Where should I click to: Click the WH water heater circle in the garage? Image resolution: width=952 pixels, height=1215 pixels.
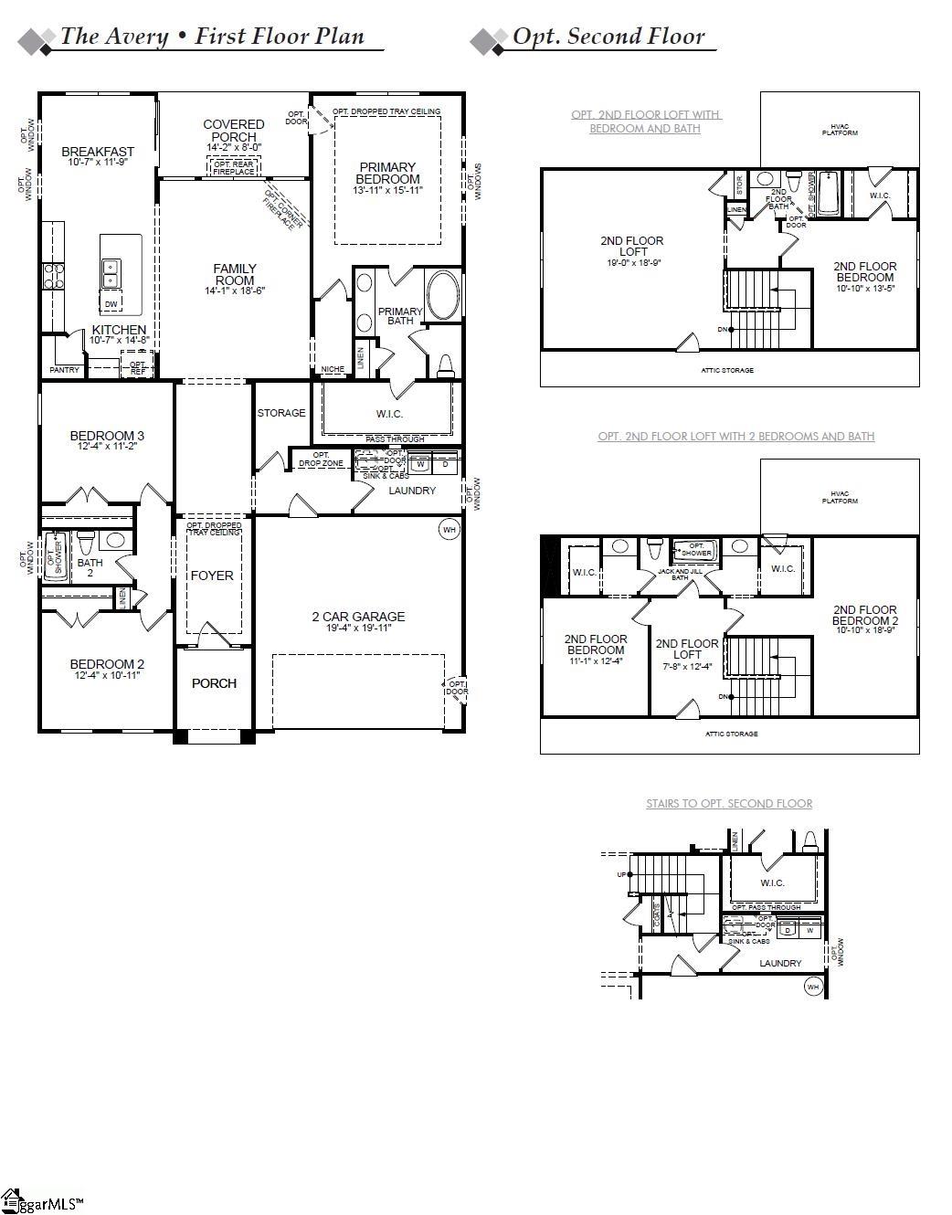449,530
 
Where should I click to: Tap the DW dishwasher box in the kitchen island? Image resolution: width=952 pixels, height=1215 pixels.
111,303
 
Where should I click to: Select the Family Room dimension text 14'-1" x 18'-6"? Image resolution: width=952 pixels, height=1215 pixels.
235,291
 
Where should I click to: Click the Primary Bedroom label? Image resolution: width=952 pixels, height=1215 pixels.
388,173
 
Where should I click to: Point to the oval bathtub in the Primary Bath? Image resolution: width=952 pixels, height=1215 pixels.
444,295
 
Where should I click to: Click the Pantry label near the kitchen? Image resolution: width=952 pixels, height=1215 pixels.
64,370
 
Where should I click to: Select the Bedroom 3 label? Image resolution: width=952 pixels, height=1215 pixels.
107,436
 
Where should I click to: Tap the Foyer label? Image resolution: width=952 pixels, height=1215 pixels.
212,576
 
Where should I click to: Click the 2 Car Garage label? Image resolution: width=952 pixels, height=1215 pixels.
357,617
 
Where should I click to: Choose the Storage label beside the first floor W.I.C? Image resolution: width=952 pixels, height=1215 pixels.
281,413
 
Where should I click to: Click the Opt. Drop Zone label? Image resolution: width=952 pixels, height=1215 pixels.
321,460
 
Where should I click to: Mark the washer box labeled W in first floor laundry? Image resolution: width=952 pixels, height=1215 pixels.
421,464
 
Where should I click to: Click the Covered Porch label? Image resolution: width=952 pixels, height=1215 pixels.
234,130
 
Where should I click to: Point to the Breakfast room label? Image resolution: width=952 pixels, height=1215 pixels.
98,152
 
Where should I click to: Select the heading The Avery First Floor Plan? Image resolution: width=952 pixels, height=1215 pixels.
212,37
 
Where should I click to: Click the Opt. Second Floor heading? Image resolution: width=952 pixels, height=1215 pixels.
608,37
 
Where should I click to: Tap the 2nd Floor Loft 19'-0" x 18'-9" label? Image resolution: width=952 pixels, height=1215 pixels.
632,246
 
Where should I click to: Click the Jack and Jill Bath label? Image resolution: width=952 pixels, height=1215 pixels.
680,575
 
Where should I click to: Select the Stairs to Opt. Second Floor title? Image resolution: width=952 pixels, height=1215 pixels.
729,804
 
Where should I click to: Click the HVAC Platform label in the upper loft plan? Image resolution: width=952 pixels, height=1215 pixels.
840,130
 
